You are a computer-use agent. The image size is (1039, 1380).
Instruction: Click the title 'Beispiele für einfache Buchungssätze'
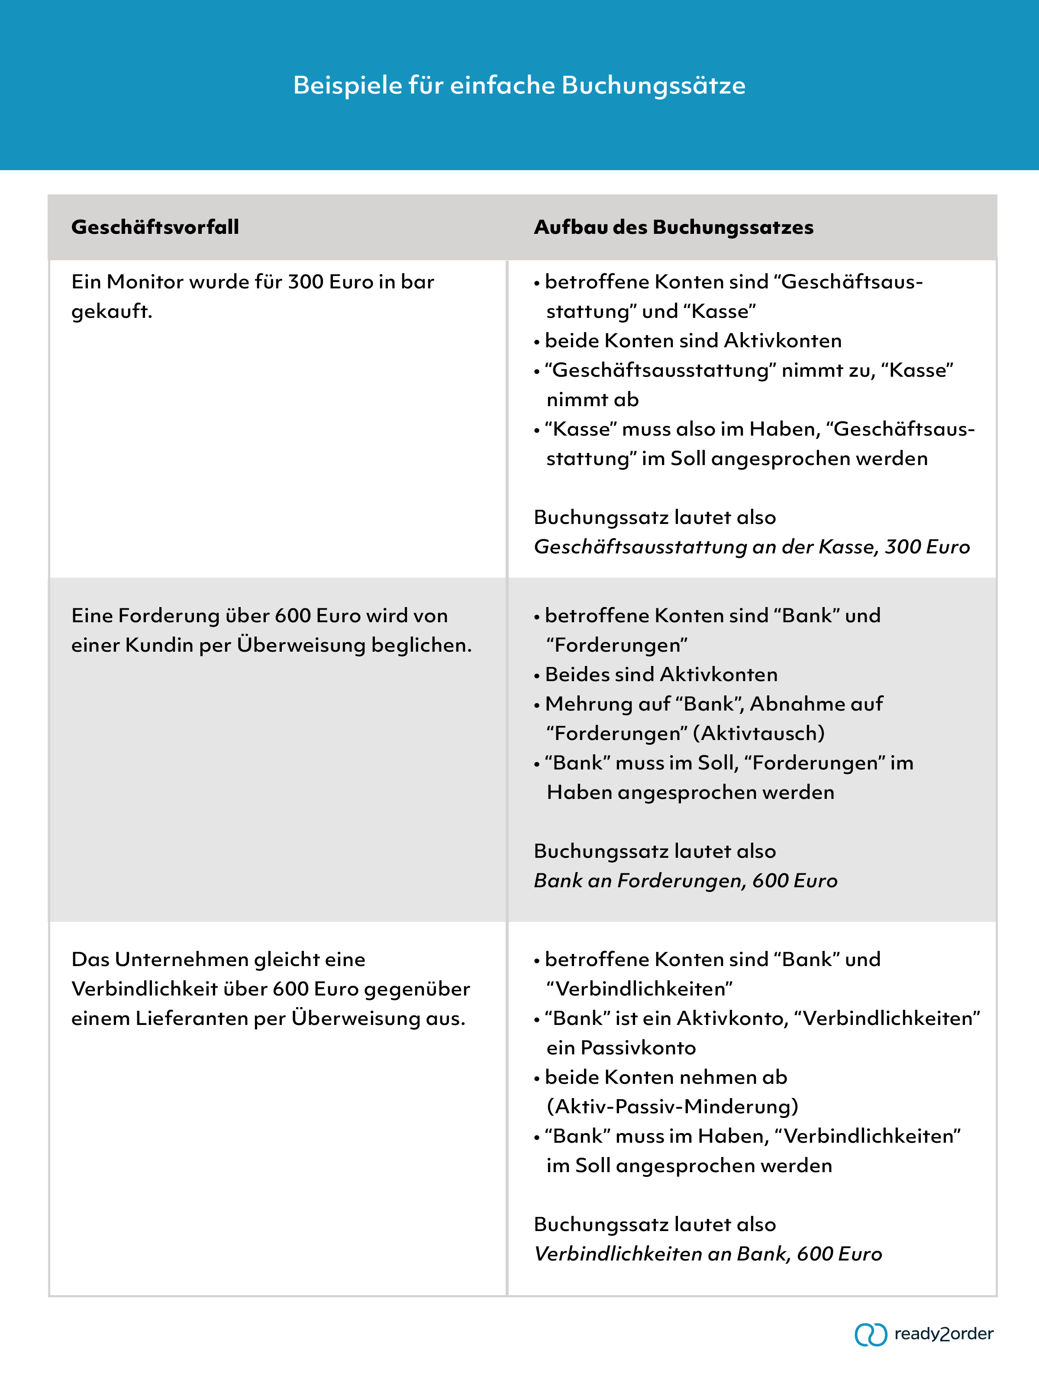coord(519,85)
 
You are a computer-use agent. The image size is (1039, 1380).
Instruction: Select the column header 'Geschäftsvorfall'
coord(155,227)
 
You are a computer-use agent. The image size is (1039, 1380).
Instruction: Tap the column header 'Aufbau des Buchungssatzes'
coord(674,227)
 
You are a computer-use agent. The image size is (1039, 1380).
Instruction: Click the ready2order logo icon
coord(871,1335)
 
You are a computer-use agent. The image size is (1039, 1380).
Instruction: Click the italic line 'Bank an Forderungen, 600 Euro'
coord(685,880)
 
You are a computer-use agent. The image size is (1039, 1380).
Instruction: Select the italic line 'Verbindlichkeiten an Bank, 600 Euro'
coord(708,1254)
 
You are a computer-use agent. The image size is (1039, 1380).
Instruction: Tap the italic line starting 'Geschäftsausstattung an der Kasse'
coord(752,547)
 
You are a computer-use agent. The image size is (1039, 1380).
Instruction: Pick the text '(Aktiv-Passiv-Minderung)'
coord(672,1107)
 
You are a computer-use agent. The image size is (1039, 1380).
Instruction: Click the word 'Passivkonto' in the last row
coord(638,1048)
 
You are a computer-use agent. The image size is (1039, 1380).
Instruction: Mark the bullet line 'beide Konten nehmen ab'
coord(665,1077)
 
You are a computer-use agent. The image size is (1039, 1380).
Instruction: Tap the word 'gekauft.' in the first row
coord(112,311)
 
